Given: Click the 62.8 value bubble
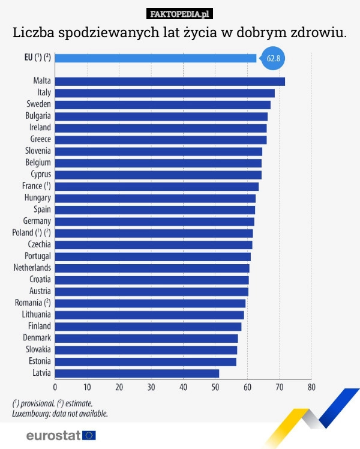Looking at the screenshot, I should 273,58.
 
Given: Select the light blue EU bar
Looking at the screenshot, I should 156,58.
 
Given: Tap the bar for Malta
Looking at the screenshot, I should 170,81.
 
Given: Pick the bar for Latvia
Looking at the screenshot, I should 137,373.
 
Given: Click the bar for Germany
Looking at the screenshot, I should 154,221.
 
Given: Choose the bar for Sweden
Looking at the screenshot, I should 163,104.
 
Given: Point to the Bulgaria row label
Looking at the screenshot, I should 38,116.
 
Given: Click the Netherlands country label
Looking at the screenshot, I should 32,268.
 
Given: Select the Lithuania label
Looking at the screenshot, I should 36,315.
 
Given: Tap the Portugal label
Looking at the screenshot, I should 37,256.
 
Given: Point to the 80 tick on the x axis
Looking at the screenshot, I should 311,387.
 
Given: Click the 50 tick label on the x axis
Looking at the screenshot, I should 215,387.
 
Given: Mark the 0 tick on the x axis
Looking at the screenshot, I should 55,387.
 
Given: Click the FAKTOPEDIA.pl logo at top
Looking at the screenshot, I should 180,14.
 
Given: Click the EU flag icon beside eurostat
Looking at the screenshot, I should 89,435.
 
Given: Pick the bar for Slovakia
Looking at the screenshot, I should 146,350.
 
